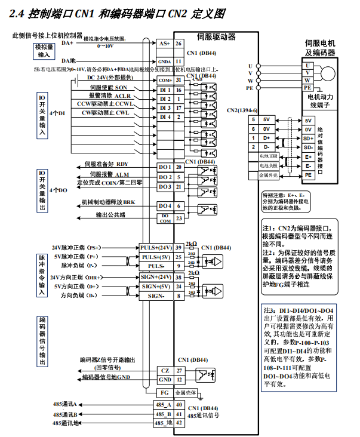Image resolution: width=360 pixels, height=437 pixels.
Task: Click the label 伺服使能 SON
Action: click(108, 88)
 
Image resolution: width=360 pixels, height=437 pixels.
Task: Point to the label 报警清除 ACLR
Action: click(110, 96)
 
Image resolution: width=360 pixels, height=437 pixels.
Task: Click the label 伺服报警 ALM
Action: click(109, 174)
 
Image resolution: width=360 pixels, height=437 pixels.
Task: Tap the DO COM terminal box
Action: click(164, 219)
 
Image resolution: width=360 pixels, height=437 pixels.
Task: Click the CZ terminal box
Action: click(165, 371)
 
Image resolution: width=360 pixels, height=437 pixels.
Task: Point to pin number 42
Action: click(179, 423)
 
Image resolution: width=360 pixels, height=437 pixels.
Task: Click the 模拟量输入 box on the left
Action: click(45, 50)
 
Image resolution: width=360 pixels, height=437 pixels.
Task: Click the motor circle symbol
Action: click(327, 72)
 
